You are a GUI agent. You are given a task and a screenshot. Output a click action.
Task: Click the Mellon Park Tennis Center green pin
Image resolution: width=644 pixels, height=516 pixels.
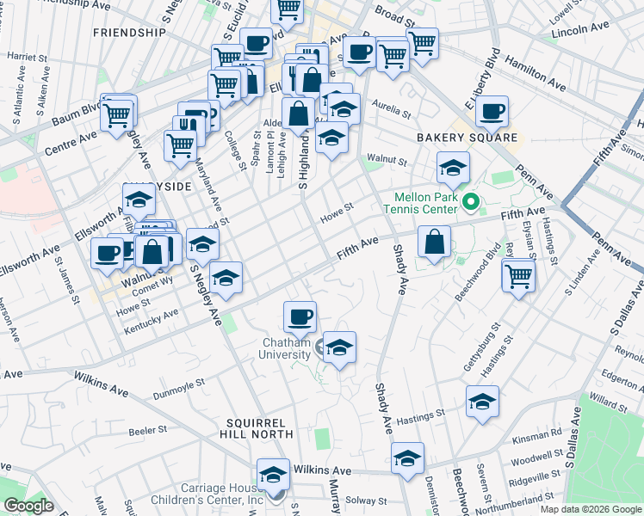(x=470, y=204)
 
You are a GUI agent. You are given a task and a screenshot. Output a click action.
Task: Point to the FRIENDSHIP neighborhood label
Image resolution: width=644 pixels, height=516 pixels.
(x=129, y=33)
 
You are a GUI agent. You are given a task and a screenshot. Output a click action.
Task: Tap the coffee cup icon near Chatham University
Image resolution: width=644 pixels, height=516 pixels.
(x=300, y=316)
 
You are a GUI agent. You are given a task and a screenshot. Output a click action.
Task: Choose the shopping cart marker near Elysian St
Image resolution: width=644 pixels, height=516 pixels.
(x=518, y=276)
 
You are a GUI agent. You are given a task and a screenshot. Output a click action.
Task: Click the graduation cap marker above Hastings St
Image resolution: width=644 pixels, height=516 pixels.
(x=482, y=402)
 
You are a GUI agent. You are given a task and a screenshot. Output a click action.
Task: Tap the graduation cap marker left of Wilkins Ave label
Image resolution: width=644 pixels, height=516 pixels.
(x=274, y=475)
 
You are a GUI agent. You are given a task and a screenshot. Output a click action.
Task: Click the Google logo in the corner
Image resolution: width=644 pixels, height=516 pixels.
(x=28, y=506)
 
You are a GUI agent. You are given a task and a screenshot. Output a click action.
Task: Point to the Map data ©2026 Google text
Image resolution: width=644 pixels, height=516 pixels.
(x=590, y=509)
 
